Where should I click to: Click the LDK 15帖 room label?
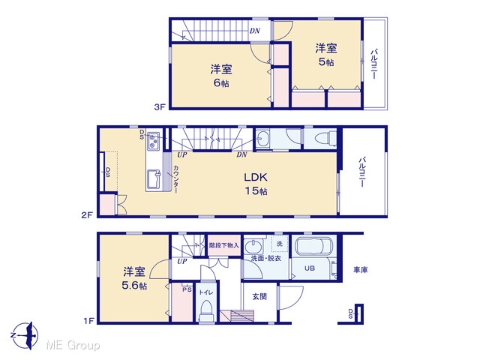pos(256,184)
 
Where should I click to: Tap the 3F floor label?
pos(160,106)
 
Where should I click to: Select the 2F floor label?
pos(87,215)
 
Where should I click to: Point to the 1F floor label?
pos(89,321)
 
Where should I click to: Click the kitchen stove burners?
pos(153,140)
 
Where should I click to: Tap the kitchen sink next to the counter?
pos(154,179)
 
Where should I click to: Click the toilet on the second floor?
pos(325,139)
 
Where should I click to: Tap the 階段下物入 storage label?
pos(224,245)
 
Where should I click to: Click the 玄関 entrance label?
pos(259,296)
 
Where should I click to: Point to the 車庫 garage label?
pos(360,270)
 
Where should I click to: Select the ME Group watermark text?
pos(73,345)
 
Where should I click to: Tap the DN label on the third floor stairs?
pos(255,31)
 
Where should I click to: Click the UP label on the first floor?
pos(181,262)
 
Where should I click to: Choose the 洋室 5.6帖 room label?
pos(134,278)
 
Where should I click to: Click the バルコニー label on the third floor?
pos(374,64)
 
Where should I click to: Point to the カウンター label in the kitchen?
pos(176,179)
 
